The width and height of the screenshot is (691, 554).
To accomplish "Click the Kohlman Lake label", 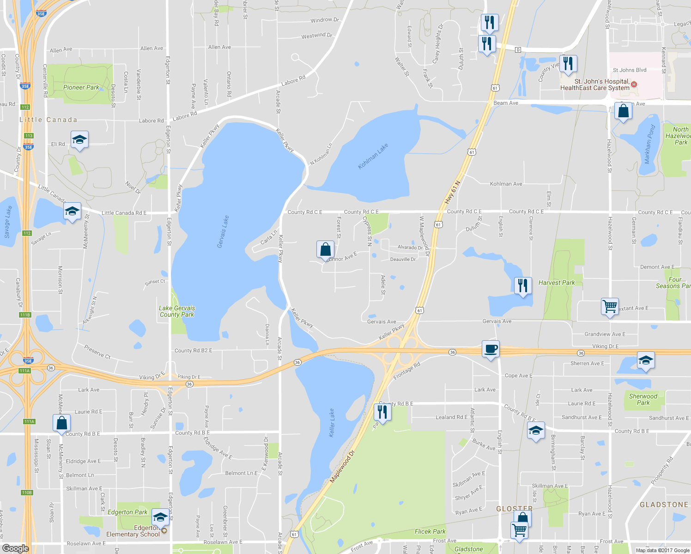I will click(x=373, y=157).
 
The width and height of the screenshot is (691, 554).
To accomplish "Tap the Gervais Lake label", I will click(x=223, y=232).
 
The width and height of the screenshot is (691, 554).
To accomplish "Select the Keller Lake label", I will click(x=332, y=423).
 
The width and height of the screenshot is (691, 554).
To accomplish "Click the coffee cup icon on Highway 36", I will click(x=490, y=349).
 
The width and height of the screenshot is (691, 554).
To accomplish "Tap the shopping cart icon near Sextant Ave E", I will click(x=610, y=306).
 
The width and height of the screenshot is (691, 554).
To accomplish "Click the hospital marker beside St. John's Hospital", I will click(x=634, y=84).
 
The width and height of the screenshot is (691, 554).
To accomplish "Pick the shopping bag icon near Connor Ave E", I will click(x=325, y=249).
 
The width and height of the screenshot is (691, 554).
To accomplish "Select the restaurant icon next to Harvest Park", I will click(x=522, y=285).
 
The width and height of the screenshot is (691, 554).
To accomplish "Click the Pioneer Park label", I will click(x=81, y=87).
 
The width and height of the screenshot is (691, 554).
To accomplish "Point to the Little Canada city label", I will click(x=48, y=120).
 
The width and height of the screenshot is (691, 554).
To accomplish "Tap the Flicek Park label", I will click(x=430, y=531).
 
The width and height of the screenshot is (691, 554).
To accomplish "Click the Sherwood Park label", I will click(x=643, y=399).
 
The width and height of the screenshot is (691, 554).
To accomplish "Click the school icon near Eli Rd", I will click(x=79, y=139).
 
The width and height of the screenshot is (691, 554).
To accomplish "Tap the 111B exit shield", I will click(x=25, y=315).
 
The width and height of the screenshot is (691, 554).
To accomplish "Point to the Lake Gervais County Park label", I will click(x=177, y=311).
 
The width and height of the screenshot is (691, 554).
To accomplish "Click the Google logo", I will click(x=15, y=548).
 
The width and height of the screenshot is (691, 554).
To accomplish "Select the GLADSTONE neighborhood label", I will click(x=664, y=505).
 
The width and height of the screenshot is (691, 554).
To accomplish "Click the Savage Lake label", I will click(x=8, y=222).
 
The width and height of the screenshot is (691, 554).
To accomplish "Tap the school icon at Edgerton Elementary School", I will click(x=160, y=517).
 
